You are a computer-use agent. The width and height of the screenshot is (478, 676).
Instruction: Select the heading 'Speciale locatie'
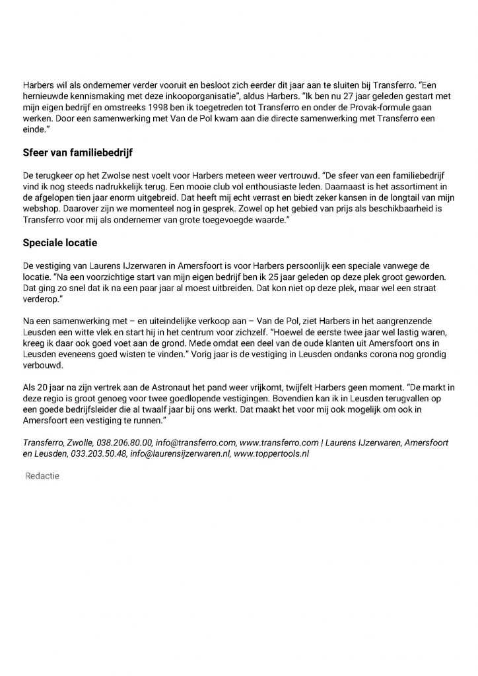point(60,243)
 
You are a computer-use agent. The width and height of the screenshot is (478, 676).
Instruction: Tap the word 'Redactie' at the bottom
point(43,475)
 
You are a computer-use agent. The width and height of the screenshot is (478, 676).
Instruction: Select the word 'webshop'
point(39,208)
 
